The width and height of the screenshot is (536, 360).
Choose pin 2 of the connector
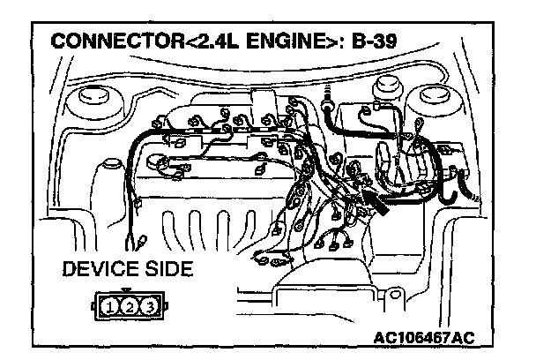point(129,307)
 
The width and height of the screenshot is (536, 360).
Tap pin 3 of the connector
point(150,307)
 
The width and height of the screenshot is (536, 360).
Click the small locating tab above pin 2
point(129,291)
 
